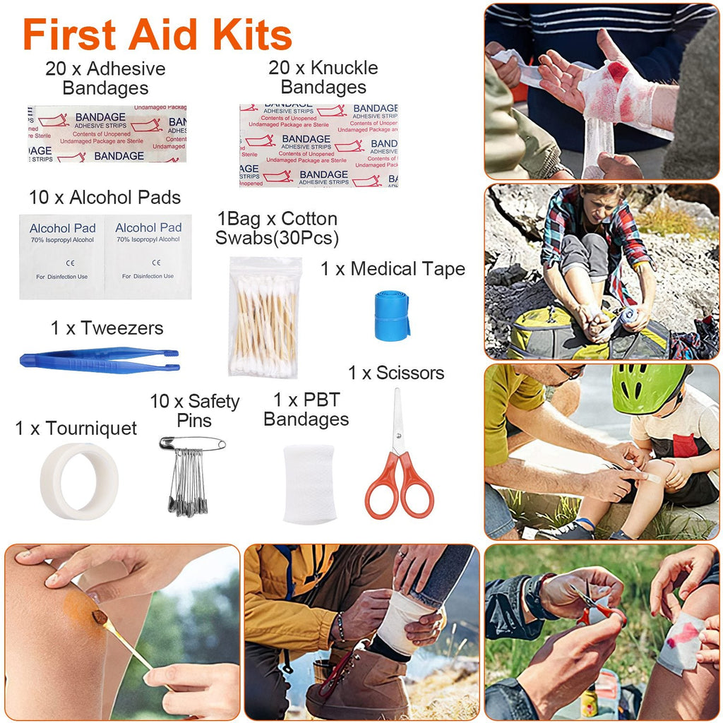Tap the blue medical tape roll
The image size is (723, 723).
click(x=392, y=316)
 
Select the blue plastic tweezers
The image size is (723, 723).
click(x=100, y=359)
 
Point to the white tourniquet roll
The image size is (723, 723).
click(x=78, y=481)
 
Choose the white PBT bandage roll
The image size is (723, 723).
click(x=309, y=484)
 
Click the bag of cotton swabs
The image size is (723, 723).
click(x=264, y=317)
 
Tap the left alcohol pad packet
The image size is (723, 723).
click(x=61, y=256)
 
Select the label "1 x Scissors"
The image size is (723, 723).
click(x=396, y=373)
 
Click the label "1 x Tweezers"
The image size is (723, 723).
click(x=107, y=328)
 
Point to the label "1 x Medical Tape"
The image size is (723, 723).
click(x=393, y=269)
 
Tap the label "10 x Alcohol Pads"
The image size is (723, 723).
click(x=104, y=198)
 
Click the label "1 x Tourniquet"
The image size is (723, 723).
click(x=76, y=428)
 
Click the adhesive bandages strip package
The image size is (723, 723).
click(x=107, y=134)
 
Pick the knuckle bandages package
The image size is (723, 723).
click(x=318, y=145)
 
